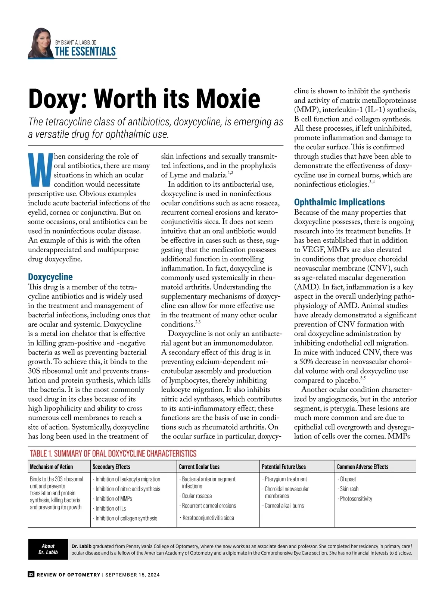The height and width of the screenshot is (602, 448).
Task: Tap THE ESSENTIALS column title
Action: point(85,52)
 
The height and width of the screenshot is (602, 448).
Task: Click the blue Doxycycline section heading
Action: point(50,277)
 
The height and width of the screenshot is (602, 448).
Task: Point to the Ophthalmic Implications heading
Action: point(339,202)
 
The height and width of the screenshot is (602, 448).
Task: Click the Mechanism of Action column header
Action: point(52,467)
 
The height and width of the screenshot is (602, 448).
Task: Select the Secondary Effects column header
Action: point(111,467)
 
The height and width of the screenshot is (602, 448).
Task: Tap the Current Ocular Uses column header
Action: point(199,467)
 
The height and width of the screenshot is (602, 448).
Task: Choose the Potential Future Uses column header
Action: point(284,467)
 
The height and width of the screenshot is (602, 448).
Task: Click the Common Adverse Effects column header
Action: point(363,467)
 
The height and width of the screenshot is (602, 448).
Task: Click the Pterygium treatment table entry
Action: point(286,479)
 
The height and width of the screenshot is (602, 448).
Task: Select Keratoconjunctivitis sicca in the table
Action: point(208,518)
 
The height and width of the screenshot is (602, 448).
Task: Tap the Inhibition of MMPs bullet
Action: point(113,499)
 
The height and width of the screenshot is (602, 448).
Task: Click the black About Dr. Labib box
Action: point(48,549)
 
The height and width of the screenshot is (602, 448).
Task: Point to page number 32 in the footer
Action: point(31,575)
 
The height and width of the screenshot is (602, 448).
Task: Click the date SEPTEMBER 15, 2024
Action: point(133,575)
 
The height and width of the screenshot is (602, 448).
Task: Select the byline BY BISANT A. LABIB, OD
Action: point(76,43)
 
